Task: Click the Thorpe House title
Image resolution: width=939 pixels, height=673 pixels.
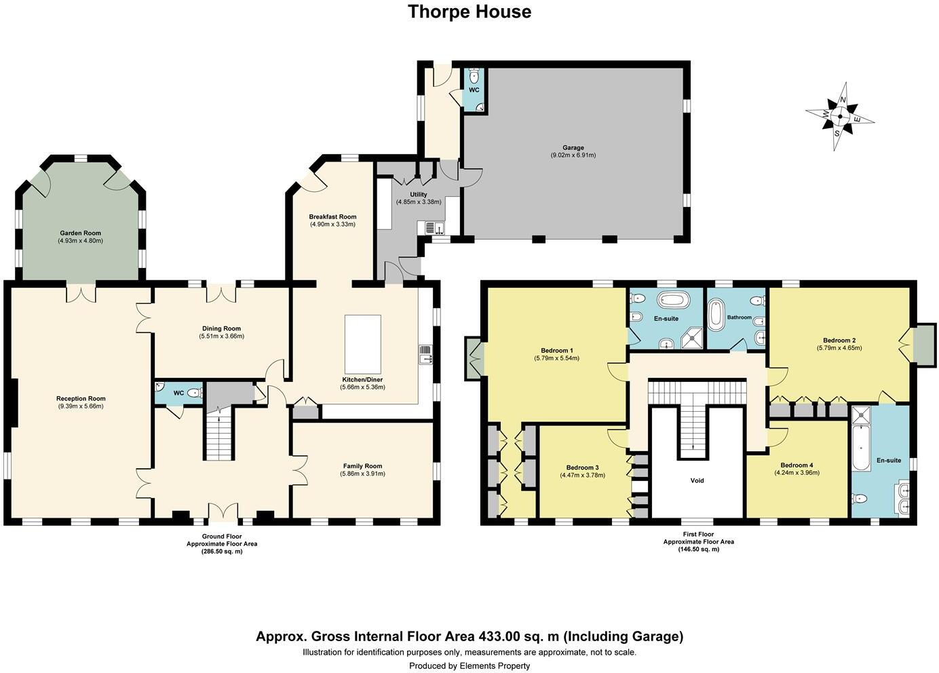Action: [x=469, y=12]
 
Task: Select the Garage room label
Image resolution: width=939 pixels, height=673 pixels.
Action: [x=573, y=147]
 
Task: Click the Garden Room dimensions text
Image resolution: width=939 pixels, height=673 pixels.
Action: [x=80, y=241]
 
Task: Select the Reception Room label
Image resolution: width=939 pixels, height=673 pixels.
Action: [x=81, y=399]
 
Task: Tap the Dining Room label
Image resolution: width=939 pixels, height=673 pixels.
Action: [x=221, y=328]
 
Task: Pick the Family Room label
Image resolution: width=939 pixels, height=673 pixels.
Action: [x=362, y=466]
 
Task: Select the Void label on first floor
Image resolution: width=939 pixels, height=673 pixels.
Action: [x=697, y=480]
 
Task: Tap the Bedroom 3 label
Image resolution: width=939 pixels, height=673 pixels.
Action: [x=582, y=467]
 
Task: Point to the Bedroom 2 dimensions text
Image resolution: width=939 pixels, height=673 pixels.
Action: [x=839, y=348]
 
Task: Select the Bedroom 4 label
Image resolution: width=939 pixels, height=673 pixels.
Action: [x=796, y=465]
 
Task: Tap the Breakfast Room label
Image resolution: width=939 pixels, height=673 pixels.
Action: [x=332, y=217]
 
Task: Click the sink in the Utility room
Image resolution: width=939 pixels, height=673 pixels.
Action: [x=434, y=228]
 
